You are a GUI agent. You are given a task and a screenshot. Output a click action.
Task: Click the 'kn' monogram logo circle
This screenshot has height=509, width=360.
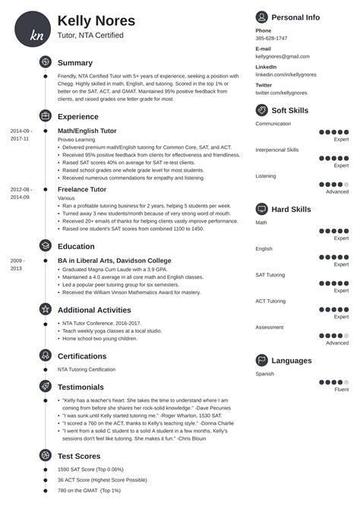coord(33,29)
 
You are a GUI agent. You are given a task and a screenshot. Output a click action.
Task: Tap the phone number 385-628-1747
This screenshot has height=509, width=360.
coord(271,38)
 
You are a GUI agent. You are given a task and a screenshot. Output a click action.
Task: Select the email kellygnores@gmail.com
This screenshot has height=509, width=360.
coord(283,56)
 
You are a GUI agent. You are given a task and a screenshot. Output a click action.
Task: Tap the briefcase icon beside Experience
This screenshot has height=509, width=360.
coord(45,116)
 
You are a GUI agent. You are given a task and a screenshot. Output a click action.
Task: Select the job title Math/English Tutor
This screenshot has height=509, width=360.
coord(89,131)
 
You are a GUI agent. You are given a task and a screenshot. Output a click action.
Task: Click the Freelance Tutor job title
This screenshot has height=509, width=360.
coord(81,189)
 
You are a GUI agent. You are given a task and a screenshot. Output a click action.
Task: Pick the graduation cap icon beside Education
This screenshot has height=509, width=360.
coord(45,246)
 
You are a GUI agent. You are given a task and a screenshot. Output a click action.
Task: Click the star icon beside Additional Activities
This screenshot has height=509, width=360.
coord(45,310)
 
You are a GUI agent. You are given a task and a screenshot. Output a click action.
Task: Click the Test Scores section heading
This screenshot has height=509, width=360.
coord(79,456)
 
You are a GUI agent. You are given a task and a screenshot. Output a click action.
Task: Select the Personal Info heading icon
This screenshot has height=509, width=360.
coord(262,16)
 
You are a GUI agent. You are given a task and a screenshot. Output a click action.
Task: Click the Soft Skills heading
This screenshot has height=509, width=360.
coord(292,110)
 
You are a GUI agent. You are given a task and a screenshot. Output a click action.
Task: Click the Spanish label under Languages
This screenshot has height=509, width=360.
coord(265,375)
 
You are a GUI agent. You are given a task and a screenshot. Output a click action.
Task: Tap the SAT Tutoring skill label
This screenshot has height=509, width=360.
coord(270,274)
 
